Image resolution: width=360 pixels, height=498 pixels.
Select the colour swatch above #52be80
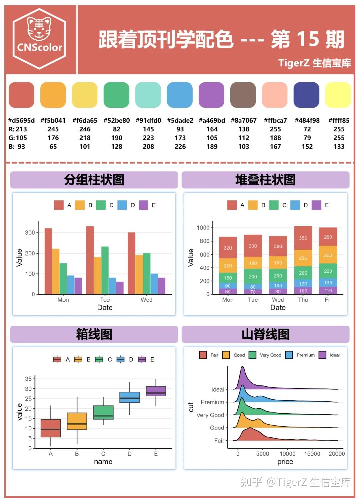pyautogui.click(x=116, y=95)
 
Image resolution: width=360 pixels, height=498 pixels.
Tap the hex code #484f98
pyautogui.click(x=307, y=120)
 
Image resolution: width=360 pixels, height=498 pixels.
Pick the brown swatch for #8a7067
pyautogui.click(x=243, y=95)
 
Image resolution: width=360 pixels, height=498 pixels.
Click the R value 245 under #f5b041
pyautogui.click(x=53, y=129)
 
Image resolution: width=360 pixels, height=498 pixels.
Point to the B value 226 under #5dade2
pyautogui.click(x=180, y=146)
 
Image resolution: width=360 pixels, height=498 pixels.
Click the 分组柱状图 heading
pyautogui.click(x=94, y=180)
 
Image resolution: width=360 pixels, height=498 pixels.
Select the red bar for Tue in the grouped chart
pyautogui.click(x=90, y=260)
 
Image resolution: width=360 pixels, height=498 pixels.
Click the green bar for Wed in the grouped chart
pyautogui.click(x=147, y=273)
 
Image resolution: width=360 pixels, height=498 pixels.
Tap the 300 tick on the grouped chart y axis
pyautogui.click(x=30, y=232)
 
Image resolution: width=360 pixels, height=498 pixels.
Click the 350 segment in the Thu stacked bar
pyautogui.click(x=303, y=238)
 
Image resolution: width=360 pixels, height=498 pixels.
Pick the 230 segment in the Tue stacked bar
pyautogui.click(x=253, y=276)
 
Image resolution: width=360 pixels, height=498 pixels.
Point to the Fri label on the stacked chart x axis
pyautogui.click(x=328, y=300)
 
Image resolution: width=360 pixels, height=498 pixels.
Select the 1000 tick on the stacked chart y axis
pyautogui.click(x=203, y=228)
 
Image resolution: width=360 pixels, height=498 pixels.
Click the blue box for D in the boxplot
pyautogui.click(x=129, y=397)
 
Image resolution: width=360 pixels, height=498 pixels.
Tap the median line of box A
pyautogui.click(x=51, y=429)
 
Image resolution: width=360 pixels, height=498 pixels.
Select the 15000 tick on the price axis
pyautogui.click(x=312, y=454)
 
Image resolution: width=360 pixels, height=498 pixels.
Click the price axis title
pyautogui.click(x=285, y=462)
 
